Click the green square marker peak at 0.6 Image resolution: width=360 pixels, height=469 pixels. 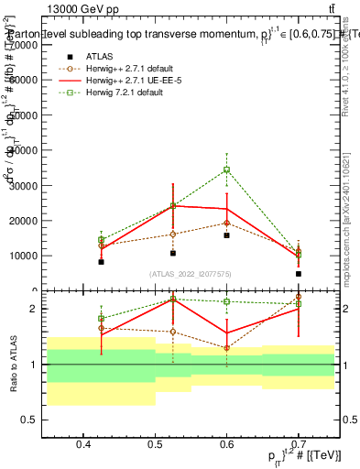pyautogui.click(x=227, y=169)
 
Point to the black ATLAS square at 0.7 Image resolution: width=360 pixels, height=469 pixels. pyautogui.click(x=299, y=274)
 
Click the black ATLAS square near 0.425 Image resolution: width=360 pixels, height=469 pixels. pyautogui.click(x=102, y=262)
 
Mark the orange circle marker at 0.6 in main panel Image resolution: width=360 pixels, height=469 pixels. pyautogui.click(x=227, y=223)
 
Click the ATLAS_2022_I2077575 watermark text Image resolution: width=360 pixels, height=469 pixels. pyautogui.click(x=191, y=273)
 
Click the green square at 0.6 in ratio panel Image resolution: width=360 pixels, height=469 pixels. pyautogui.click(x=227, y=301)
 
